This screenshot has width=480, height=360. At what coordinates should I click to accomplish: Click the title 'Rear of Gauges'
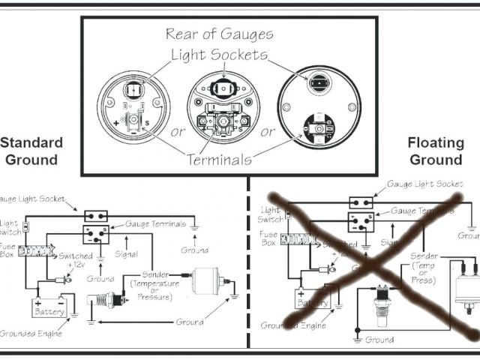pos(219,34)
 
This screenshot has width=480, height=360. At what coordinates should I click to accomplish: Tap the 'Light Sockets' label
pos(219,55)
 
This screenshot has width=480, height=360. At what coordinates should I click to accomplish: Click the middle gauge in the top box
pos(221,109)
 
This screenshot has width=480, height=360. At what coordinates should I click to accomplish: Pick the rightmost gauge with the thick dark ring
pos(316,109)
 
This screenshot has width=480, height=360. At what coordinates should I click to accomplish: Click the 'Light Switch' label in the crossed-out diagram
pos(270,214)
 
